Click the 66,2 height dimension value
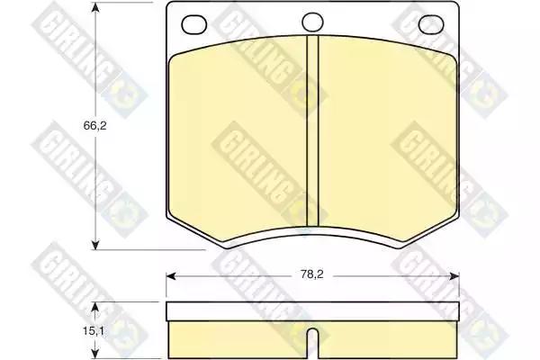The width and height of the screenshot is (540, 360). (95, 126)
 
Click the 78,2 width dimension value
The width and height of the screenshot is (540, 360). (312, 274)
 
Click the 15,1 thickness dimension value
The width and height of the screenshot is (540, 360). (94, 331)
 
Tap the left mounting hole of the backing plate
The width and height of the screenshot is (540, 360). (193, 25)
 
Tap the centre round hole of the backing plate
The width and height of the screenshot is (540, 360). (312, 22)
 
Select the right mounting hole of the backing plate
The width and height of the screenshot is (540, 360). (431, 25)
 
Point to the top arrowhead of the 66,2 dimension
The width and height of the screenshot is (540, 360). (95, 7)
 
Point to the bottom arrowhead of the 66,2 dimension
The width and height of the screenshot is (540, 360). (95, 245)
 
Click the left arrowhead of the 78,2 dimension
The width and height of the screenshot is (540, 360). (171, 276)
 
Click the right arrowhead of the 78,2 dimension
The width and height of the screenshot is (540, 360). (454, 276)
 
